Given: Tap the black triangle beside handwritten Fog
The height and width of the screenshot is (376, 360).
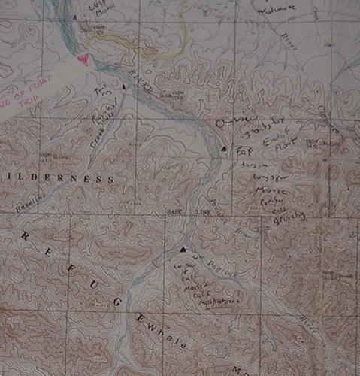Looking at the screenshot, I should pos(224,150).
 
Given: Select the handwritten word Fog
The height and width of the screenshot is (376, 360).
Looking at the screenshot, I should pos(244,150).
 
